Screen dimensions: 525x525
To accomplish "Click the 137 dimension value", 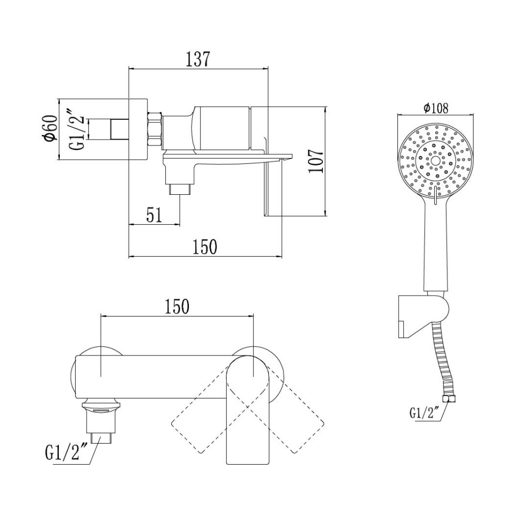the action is point(198,59).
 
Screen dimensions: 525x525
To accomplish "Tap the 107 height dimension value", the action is point(316,161).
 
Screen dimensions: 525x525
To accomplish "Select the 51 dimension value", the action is point(154,215).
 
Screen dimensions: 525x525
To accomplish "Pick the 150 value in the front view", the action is point(177,306).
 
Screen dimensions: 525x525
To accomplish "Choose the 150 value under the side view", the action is point(205,247).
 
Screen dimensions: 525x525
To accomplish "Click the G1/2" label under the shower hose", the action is point(423,413).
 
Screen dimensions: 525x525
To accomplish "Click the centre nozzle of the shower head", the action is point(435,160).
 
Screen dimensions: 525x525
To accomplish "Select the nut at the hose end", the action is point(447,398).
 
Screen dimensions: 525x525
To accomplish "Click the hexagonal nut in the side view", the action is point(155,129).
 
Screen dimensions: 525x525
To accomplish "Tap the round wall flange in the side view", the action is point(138,129).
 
